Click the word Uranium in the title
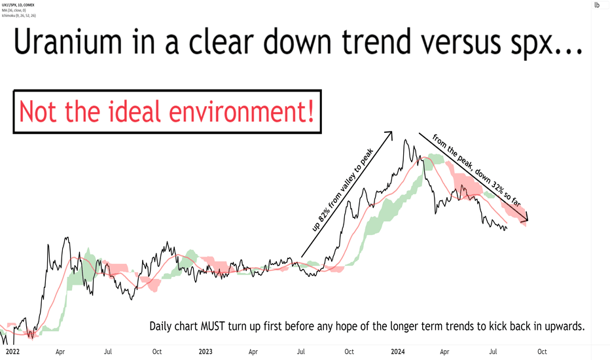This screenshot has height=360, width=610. [x=67, y=42]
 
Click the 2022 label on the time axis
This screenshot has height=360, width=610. [x=12, y=352]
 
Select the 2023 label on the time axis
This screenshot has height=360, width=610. [x=206, y=352]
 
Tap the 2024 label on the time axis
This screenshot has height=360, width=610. [x=397, y=352]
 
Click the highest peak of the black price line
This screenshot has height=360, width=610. [x=406, y=139]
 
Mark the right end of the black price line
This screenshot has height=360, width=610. [x=507, y=228]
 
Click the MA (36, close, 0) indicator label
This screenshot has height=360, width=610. [x=14, y=10]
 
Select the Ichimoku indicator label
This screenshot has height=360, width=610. [x=19, y=16]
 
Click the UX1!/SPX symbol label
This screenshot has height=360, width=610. [x=18, y=5]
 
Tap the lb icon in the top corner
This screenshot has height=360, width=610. [x=597, y=5]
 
